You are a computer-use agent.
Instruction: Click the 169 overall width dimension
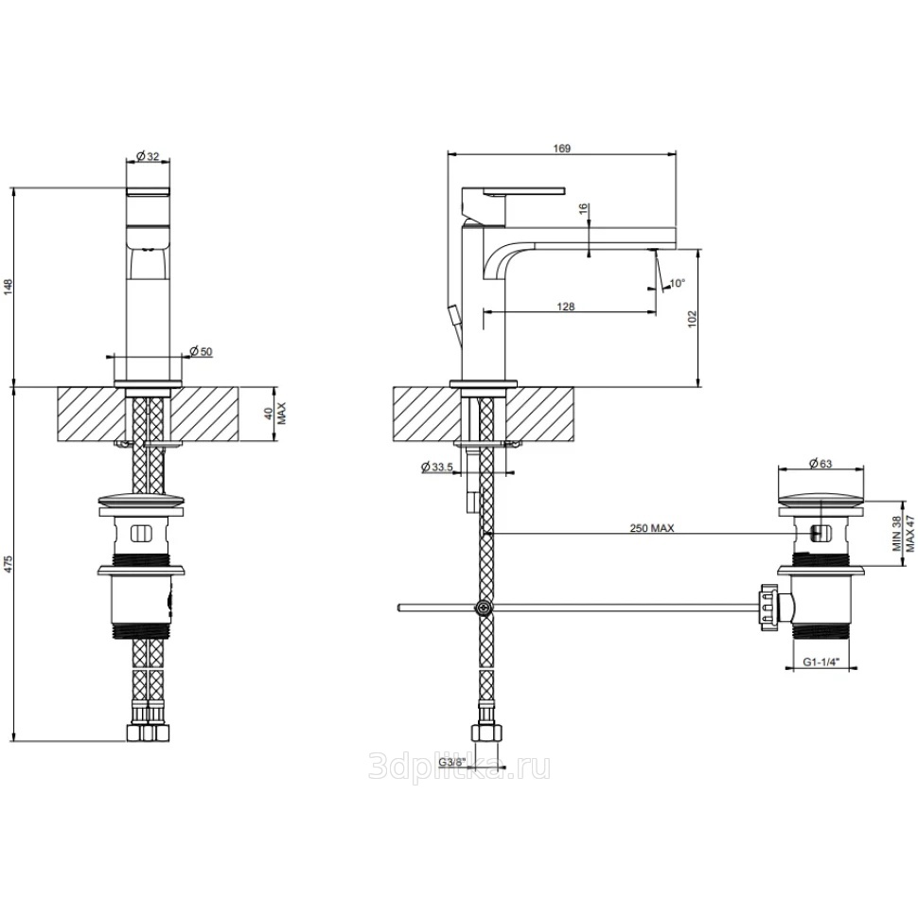coord(561,149)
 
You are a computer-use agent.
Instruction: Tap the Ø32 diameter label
coord(148,156)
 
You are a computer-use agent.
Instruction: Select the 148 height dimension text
coord(9,288)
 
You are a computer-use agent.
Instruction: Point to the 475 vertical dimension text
coord(9,565)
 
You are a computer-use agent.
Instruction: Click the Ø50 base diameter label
coord(202,351)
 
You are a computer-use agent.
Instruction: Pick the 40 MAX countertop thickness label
coord(274,414)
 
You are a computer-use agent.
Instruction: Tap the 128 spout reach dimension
coord(566,307)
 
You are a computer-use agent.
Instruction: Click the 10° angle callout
coord(677,283)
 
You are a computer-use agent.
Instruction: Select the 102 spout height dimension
coord(693,319)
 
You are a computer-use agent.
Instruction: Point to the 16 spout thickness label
coord(583,210)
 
